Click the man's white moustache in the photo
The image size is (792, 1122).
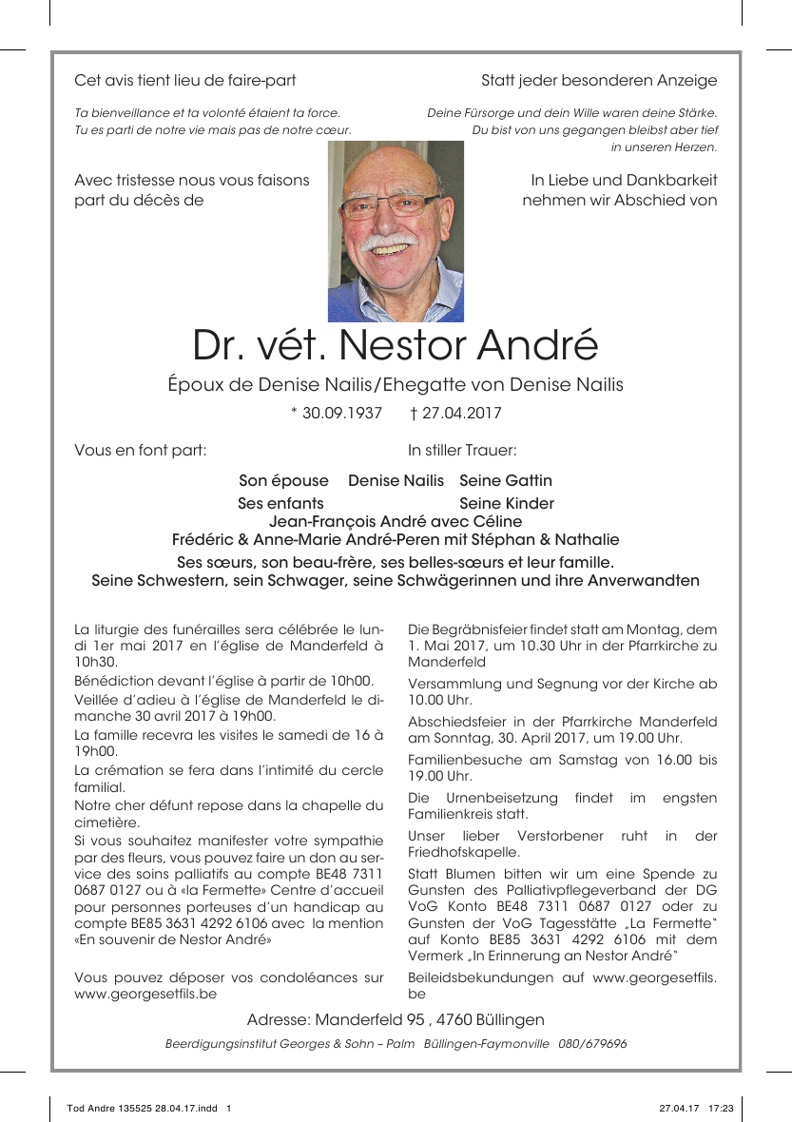coord(390,242)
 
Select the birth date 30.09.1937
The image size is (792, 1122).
coord(341,413)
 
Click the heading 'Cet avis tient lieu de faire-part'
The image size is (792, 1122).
coord(185,80)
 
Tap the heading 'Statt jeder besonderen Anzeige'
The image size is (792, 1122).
coord(599,80)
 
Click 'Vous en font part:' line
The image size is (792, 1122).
coord(141,450)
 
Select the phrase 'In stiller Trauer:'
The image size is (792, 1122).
coord(462,450)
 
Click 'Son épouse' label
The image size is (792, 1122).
coord(283,481)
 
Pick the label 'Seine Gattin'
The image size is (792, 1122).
coord(506,481)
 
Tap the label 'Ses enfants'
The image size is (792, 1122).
coord(280,503)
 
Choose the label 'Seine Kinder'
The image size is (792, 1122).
coord(507,503)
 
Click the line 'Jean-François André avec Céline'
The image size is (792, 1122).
coord(396,521)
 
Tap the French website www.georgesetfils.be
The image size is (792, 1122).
coord(145,994)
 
